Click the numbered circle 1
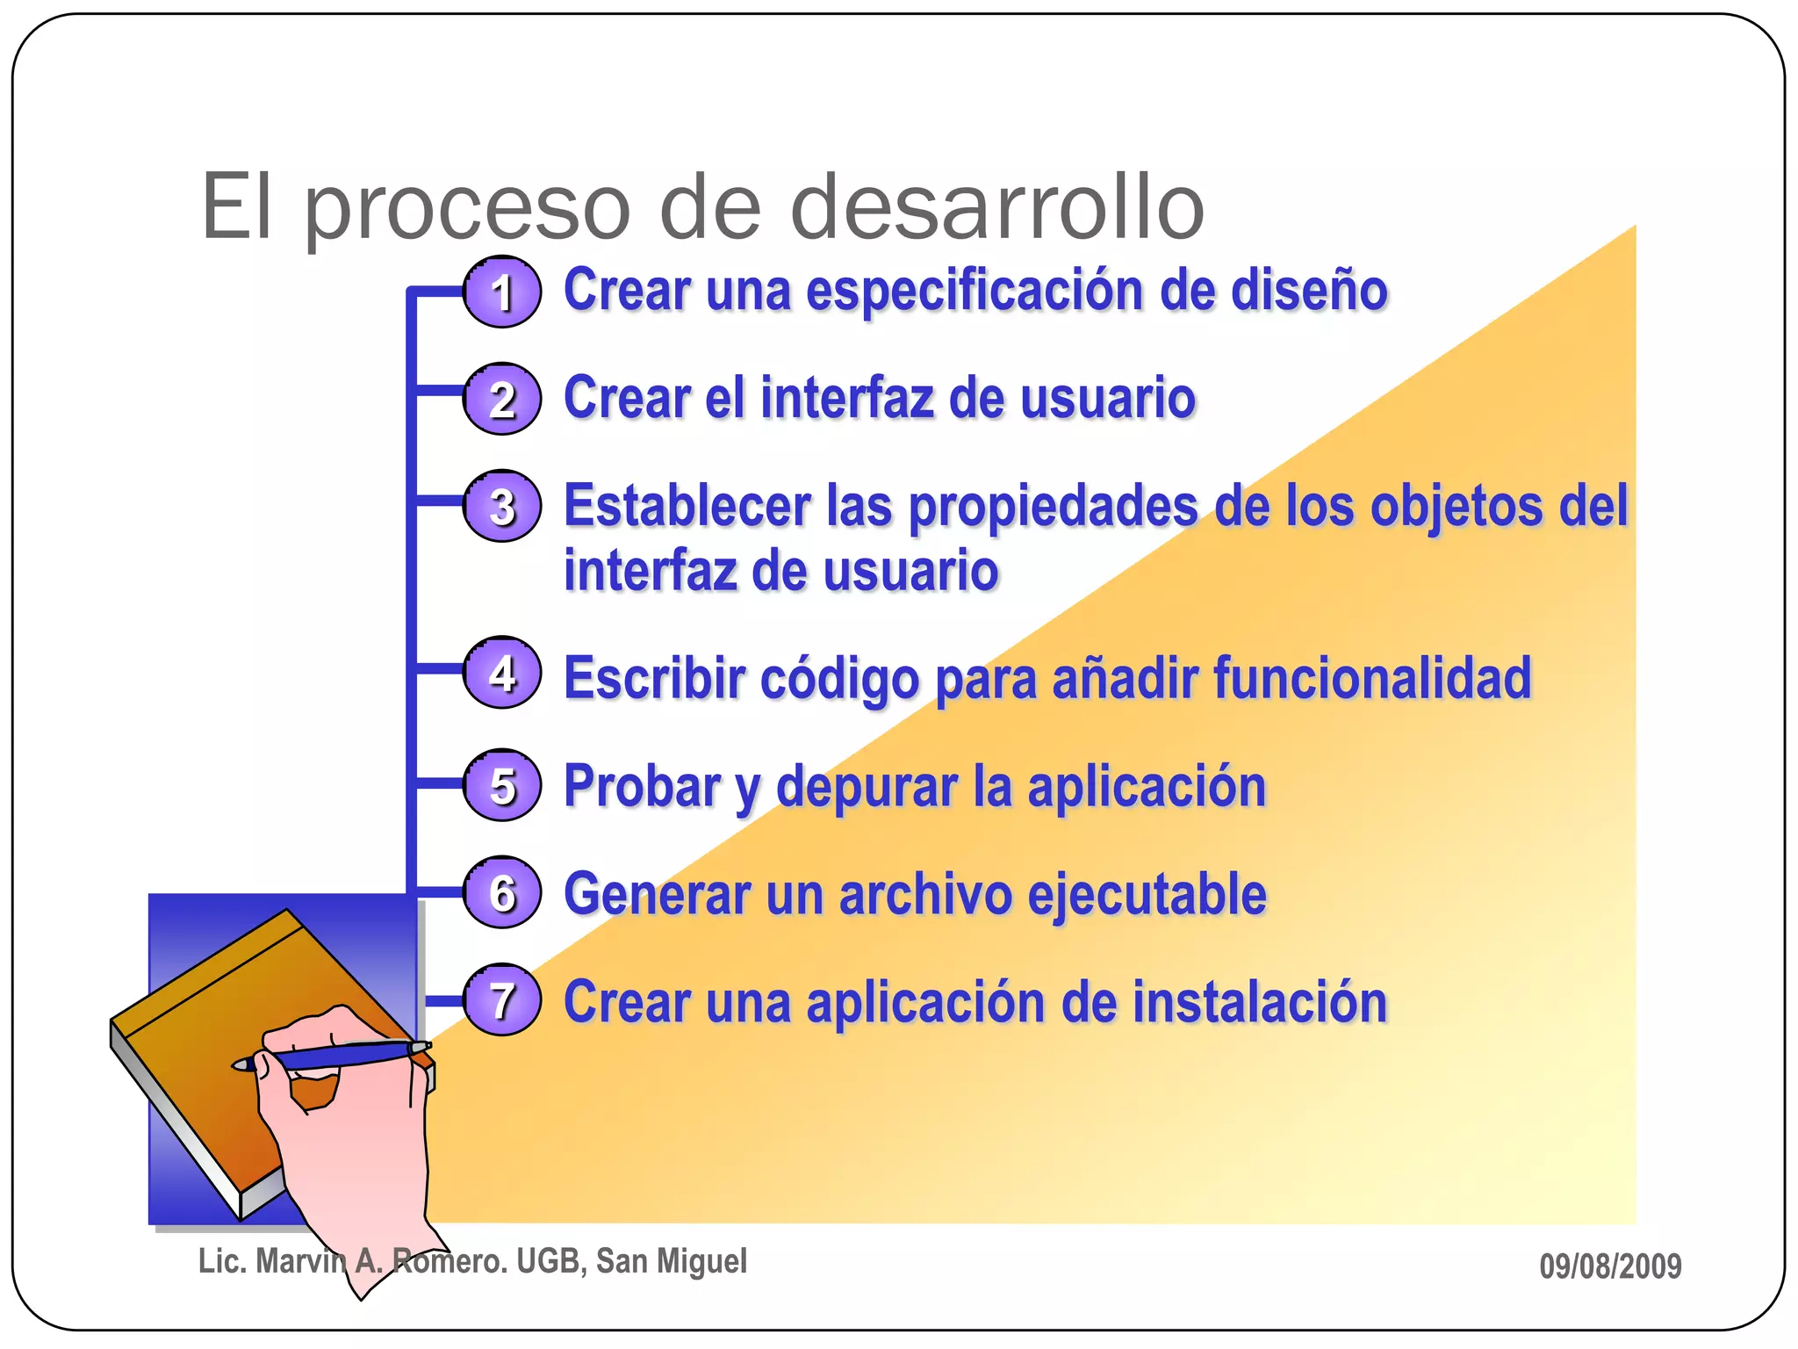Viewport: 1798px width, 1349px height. (501, 292)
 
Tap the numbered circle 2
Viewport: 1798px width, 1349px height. (501, 400)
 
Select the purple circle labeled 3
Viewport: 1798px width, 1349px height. (501, 507)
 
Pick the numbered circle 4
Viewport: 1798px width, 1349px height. (501, 674)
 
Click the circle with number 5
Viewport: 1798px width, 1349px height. (501, 785)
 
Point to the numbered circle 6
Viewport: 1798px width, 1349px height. (501, 892)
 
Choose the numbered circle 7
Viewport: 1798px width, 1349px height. (501, 1000)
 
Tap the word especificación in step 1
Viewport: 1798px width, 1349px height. (975, 292)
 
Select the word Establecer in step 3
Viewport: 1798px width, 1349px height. (687, 507)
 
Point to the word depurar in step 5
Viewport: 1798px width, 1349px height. (867, 788)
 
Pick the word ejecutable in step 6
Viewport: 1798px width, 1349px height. (1147, 895)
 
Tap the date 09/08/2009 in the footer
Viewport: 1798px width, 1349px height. (1610, 1266)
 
